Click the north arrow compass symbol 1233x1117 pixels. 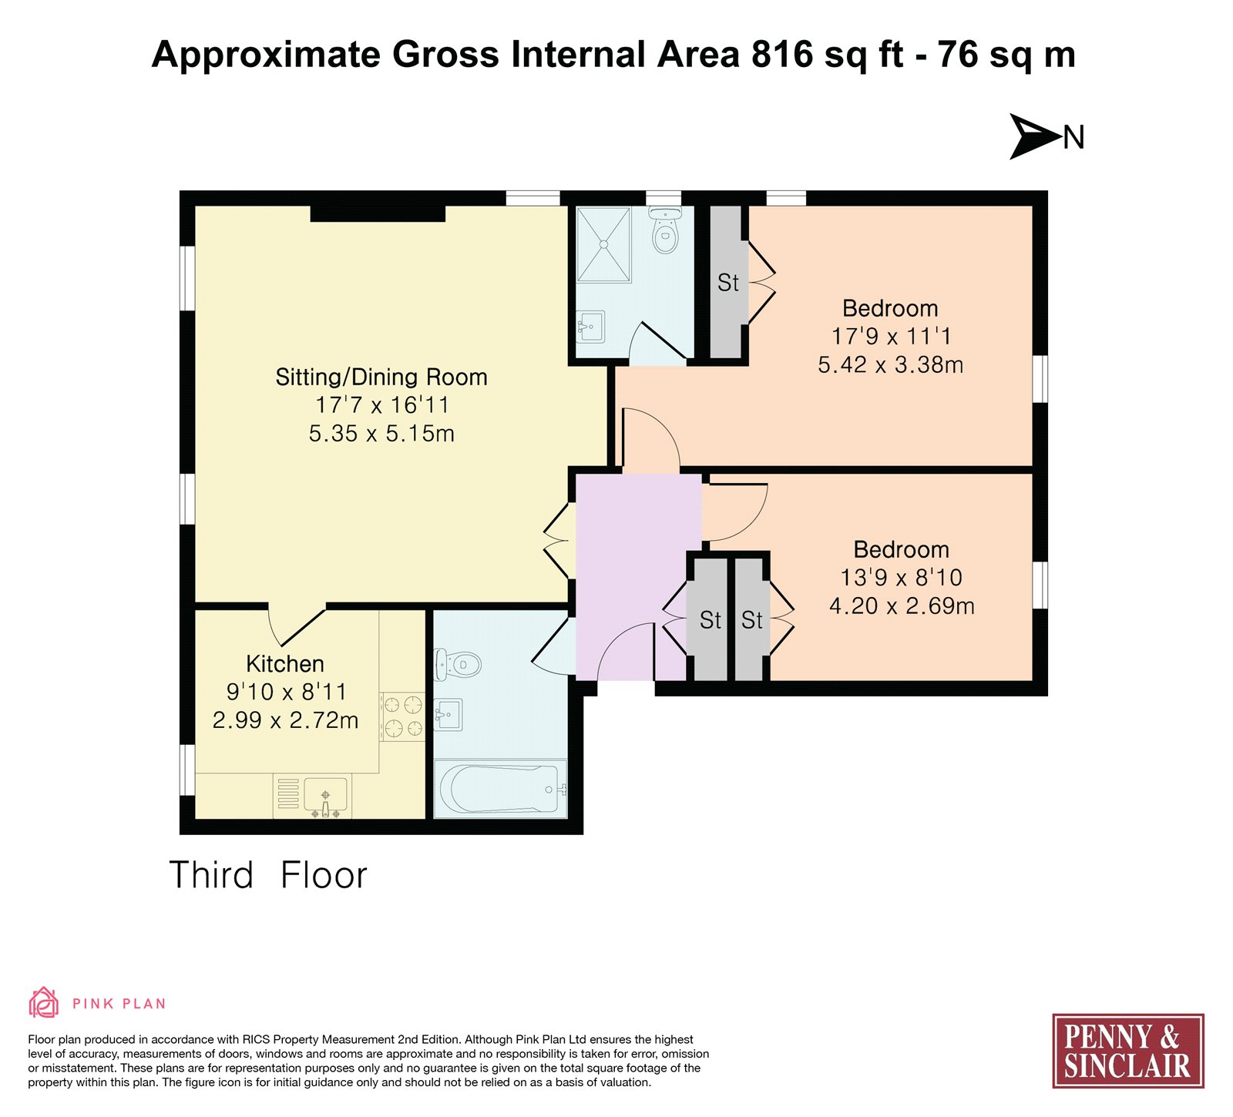[x=1036, y=137]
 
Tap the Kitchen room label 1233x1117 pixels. [x=285, y=664]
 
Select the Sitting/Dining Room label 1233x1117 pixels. [x=381, y=377]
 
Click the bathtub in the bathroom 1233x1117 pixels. [x=500, y=789]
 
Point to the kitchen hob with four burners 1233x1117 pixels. [x=402, y=716]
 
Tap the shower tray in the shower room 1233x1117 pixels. [x=604, y=244]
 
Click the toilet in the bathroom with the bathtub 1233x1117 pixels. [x=458, y=664]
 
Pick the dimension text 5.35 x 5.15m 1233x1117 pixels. [x=381, y=434]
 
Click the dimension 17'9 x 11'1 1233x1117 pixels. [x=891, y=337]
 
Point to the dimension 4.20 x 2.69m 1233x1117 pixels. [x=902, y=606]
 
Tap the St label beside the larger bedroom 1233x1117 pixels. [x=728, y=283]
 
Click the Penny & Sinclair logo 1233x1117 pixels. [x=1128, y=1051]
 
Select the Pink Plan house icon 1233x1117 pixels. [x=44, y=1002]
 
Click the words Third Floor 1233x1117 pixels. [x=268, y=875]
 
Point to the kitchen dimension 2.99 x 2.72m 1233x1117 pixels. [x=285, y=720]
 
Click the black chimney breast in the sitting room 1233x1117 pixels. [x=378, y=213]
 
